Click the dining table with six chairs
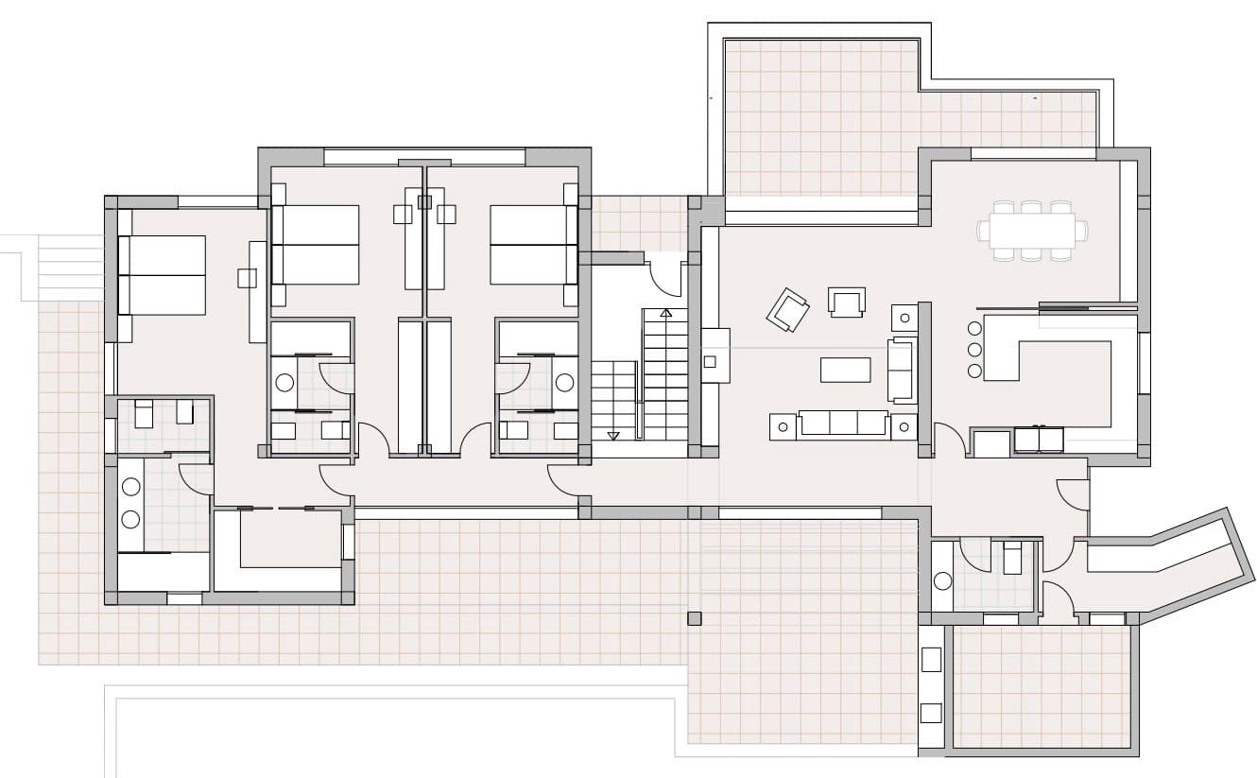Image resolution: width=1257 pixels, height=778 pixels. pos(1032,230)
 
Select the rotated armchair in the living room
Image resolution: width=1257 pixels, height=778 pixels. pos(787,309)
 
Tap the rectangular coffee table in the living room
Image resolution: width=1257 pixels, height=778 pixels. pos(845,370)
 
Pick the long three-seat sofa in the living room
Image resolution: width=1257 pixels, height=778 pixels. pos(843,424)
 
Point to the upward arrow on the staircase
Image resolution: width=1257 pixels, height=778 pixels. pos(666,313)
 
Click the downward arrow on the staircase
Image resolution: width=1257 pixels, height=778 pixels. pos(613,434)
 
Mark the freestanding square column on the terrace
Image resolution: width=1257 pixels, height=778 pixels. pos(695,618)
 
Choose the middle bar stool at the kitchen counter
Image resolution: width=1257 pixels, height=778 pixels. pos(975,349)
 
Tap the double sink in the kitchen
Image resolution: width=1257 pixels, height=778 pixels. pos(1039,440)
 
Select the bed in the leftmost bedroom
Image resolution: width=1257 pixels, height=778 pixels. pos(162,275)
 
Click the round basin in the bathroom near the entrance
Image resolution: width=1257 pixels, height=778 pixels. pos(942,580)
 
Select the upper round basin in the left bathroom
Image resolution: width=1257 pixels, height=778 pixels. pos(130,488)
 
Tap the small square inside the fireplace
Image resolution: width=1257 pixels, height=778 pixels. pos(710,360)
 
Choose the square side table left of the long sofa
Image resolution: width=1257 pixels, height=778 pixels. pos(783,427)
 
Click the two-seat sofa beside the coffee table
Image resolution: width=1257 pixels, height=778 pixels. pos(902,370)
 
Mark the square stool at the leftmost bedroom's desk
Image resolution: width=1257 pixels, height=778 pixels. pos(247,278)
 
